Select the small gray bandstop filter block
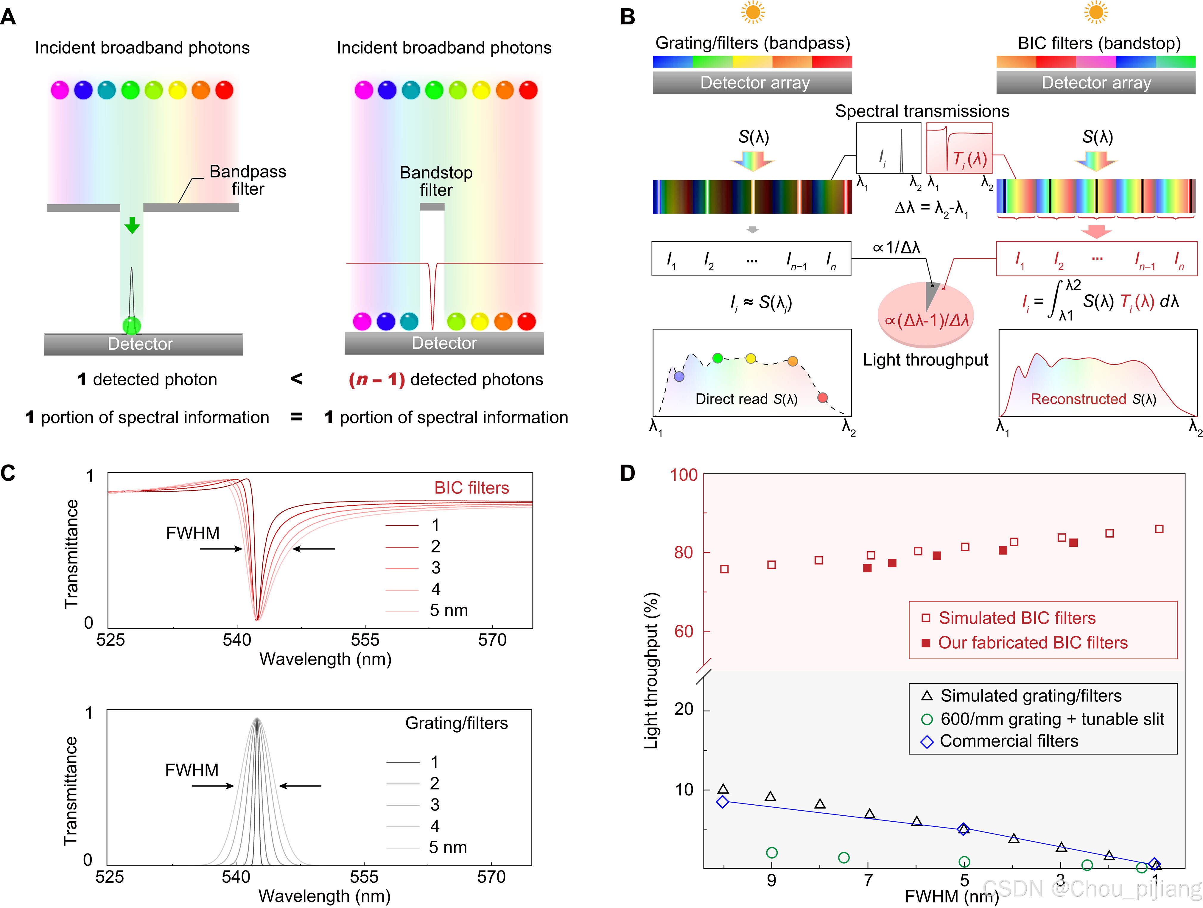point(432,207)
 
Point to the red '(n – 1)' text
point(376,379)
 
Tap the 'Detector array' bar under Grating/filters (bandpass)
point(752,83)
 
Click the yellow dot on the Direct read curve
point(751,358)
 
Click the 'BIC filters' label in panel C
point(471,488)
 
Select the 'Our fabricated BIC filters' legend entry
point(1032,643)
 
